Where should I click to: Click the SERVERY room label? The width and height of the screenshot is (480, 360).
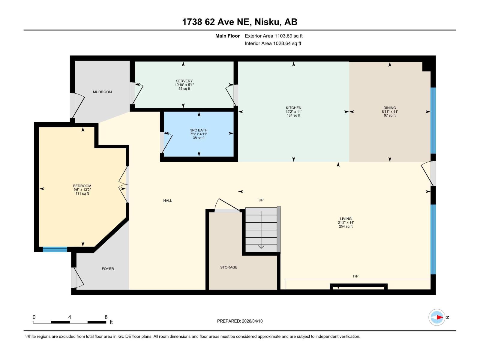tap(184, 81)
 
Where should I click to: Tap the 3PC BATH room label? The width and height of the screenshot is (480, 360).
tap(199, 130)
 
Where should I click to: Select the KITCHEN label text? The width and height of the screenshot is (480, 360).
tap(293, 108)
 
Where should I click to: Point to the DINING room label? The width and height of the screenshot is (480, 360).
tap(389, 108)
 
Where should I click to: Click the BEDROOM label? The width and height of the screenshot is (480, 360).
tap(82, 186)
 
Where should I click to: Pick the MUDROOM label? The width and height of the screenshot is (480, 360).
tap(102, 92)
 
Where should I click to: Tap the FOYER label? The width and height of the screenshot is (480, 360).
tap(108, 269)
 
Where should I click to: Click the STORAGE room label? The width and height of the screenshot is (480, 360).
tap(229, 267)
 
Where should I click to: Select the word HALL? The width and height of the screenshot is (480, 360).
tap(167, 201)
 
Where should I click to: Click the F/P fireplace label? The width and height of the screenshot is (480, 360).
tap(355, 276)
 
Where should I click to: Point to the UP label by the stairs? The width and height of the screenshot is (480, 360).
tap(261, 200)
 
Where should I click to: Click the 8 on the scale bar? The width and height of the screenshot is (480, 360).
tap(106, 317)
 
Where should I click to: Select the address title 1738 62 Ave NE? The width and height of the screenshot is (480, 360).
tap(239, 22)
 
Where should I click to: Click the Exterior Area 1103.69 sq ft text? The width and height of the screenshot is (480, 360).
tap(274, 36)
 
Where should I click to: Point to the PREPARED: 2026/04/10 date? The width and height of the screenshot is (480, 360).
tap(240, 321)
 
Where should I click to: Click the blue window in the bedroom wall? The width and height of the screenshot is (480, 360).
tap(55, 249)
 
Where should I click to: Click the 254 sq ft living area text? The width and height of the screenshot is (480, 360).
tap(346, 226)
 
